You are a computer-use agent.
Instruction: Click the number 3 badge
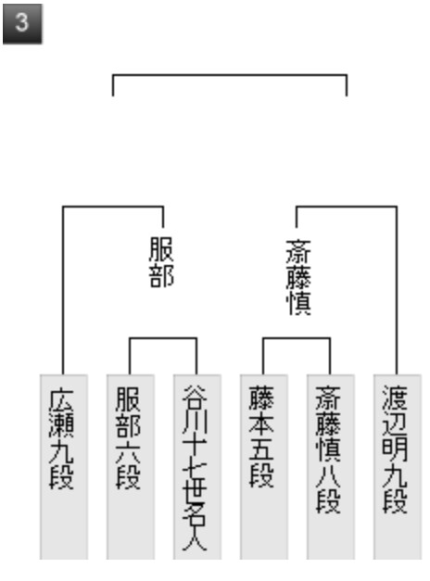tap(22, 24)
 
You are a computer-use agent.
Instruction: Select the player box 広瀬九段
tap(64, 467)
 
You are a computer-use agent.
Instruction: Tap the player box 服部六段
tap(131, 467)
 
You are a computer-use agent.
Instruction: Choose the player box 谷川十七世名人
tap(197, 467)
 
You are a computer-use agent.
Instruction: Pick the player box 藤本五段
tap(264, 467)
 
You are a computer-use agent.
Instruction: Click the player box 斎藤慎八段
tap(331, 467)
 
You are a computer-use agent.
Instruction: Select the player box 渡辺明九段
tap(398, 467)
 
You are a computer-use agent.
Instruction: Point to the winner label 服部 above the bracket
tap(161, 262)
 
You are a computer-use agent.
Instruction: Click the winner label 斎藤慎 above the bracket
tap(298, 278)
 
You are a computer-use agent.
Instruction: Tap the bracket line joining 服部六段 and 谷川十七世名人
tap(163, 338)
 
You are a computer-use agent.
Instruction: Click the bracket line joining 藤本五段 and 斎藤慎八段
tap(297, 338)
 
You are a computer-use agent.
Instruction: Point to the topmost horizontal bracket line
tap(230, 75)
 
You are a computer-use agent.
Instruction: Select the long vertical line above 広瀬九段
tap(63, 291)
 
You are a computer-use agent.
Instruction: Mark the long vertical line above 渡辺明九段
tap(397, 291)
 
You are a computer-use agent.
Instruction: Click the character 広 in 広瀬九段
tap(61, 399)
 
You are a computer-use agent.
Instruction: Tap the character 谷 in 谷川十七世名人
tap(195, 398)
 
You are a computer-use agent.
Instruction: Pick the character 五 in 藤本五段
tap(261, 449)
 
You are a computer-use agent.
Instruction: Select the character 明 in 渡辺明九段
tap(395, 449)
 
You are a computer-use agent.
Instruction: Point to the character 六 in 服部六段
tap(128, 451)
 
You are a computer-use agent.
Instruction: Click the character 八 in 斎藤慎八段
tap(328, 475)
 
